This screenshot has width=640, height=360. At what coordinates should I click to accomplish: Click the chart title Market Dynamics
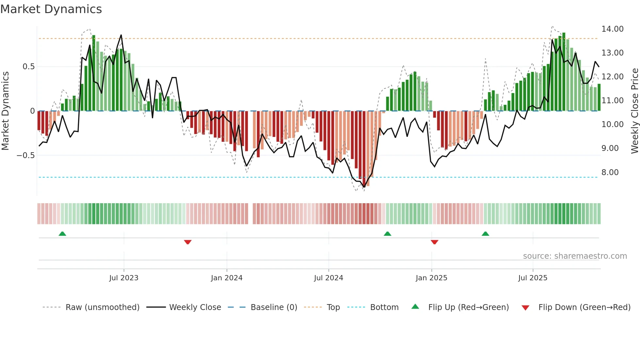point(51,9)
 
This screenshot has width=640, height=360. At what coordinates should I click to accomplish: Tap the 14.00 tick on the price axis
point(612,29)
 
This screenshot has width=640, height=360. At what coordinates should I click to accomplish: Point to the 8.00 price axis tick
point(610,172)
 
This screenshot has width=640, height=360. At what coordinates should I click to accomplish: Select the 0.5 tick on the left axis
point(28,67)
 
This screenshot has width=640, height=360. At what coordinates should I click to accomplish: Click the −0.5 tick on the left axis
point(25,155)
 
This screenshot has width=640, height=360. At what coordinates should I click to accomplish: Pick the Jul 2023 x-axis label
point(124,278)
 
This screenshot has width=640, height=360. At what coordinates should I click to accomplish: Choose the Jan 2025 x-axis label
point(431,278)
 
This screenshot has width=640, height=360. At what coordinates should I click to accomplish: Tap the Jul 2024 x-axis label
point(328,278)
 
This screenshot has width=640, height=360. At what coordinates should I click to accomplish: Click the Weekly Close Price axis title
point(634,111)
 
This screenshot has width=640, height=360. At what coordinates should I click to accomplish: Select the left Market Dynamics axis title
point(5,111)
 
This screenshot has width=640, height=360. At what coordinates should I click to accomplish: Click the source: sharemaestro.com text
point(575,256)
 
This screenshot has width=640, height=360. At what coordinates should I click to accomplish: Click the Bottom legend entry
point(384,307)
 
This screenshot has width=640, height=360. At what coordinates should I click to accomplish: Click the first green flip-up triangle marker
point(62,234)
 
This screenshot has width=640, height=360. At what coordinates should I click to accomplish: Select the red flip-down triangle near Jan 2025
point(434,242)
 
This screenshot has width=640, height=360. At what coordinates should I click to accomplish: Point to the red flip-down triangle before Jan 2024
point(188,242)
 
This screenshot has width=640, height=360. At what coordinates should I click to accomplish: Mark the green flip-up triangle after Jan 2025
point(485,234)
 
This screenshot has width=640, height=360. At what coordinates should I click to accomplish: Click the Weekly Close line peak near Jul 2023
point(121,35)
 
